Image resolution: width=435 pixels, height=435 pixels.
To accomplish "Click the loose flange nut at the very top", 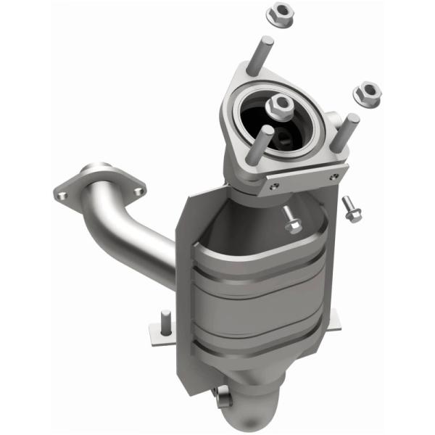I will click(278, 14).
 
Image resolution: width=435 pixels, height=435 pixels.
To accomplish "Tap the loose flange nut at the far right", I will click(368, 92).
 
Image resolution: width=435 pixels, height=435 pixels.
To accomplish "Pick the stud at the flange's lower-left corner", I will click(263, 145).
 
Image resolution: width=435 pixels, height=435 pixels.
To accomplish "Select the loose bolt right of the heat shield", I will click(354, 211).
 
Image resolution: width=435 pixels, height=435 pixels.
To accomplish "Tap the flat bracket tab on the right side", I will click(336, 319).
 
